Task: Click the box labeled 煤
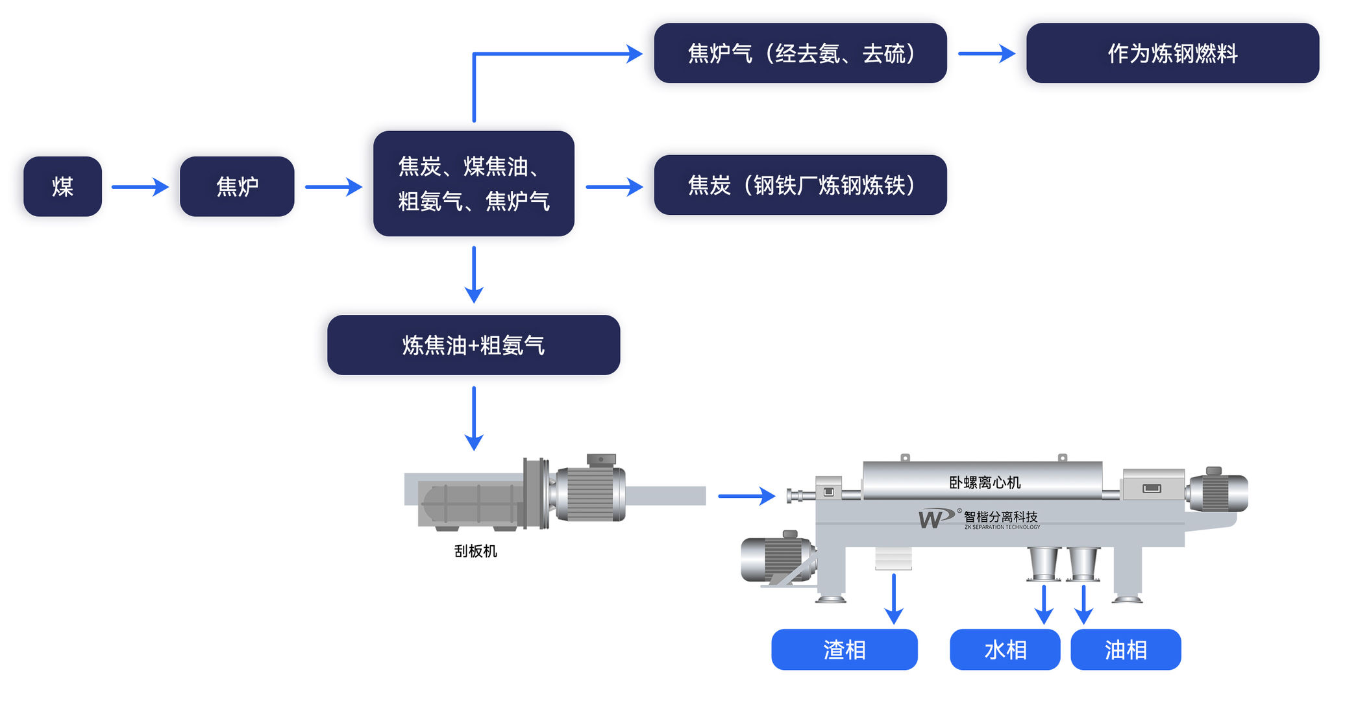[62, 186]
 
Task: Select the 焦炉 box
[237, 186]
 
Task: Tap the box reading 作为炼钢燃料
[1172, 53]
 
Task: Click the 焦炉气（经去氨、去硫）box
[800, 53]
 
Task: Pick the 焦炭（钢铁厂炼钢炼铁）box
[800, 185]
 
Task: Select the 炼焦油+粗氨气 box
[473, 345]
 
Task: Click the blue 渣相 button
[844, 649]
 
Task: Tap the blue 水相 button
[1005, 649]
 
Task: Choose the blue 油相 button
[1126, 649]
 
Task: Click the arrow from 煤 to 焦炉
[140, 187]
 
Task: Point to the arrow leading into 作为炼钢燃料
[986, 53]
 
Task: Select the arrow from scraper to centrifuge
[747, 496]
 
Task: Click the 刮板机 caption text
[475, 551]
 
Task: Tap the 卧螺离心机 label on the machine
[984, 482]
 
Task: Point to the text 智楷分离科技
[1000, 517]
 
